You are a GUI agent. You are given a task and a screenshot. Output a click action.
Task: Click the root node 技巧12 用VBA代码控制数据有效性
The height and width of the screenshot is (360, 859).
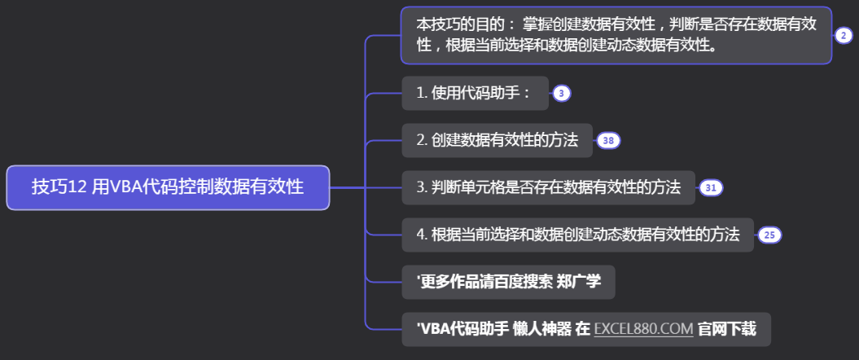pos(168,187)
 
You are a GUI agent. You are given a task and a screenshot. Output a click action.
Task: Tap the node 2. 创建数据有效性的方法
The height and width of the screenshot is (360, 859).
pos(497,141)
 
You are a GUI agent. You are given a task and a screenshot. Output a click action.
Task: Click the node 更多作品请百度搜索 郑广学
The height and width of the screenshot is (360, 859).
pos(509,283)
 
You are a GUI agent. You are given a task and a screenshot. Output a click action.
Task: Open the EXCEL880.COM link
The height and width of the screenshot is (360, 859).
pos(643,330)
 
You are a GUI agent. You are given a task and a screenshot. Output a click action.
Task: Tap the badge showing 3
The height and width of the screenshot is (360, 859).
pos(562,94)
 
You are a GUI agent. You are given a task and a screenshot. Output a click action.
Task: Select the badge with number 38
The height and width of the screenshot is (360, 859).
pos(608,141)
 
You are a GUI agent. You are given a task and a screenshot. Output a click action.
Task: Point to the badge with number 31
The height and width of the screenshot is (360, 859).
pos(711,188)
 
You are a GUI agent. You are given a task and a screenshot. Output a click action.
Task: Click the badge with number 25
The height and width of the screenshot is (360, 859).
pos(769,235)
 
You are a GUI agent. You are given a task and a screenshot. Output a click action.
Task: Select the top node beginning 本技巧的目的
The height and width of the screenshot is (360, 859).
pos(616,35)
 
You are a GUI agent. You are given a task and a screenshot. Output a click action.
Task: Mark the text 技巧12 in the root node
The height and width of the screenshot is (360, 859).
pos(59,187)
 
